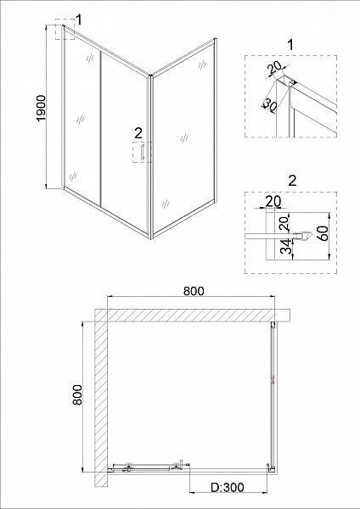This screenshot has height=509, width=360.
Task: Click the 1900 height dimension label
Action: (x=42, y=108)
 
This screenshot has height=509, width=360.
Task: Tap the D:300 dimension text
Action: (x=227, y=487)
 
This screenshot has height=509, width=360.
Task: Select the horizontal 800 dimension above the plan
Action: (x=194, y=291)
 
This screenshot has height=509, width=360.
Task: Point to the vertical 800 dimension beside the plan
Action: (x=77, y=394)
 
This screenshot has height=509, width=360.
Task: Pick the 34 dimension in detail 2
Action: (x=284, y=248)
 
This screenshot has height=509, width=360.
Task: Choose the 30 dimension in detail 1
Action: (x=269, y=104)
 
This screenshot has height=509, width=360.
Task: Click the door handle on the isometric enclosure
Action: (x=142, y=152)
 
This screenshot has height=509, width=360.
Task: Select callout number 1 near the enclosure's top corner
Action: (x=78, y=20)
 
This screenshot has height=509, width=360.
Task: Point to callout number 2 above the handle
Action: (x=138, y=133)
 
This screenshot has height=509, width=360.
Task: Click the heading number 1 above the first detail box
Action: (x=290, y=45)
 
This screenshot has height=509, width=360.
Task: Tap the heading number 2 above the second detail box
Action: (x=292, y=181)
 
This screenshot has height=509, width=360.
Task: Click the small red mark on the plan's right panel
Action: (x=273, y=380)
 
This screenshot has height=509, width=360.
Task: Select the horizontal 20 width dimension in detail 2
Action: (x=273, y=201)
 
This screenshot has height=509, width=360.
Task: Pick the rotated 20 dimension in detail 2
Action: (x=284, y=223)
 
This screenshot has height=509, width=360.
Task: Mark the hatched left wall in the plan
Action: (x=101, y=397)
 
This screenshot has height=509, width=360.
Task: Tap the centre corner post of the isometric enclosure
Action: (x=150, y=157)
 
